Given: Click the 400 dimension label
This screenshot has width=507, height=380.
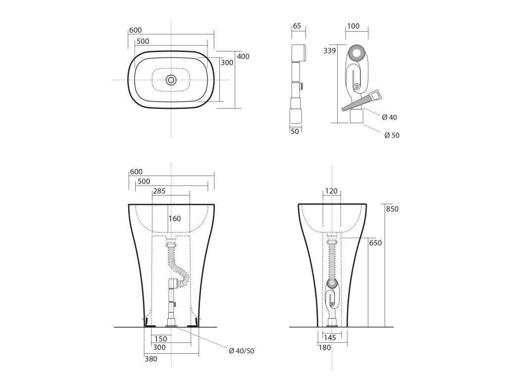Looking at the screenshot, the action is (x=243, y=56).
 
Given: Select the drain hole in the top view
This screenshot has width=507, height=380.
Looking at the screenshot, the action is (x=171, y=80).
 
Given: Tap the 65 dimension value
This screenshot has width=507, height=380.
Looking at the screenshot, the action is (x=297, y=26).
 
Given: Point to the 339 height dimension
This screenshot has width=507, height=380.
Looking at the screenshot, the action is (x=330, y=50).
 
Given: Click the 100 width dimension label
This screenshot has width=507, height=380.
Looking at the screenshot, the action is (x=353, y=26).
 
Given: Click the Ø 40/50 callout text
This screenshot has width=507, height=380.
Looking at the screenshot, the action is (x=242, y=351).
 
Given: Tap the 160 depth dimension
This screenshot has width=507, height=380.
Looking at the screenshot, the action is (x=174, y=218).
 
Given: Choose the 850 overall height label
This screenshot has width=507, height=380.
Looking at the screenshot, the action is (x=392, y=209).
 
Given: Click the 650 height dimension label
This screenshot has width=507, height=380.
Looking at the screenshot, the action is (x=375, y=242).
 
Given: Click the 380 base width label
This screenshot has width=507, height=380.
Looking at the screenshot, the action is (x=151, y=359).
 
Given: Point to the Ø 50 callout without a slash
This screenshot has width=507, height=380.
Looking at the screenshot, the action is (x=392, y=136).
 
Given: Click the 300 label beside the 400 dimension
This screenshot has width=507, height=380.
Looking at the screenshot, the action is (x=227, y=63).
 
